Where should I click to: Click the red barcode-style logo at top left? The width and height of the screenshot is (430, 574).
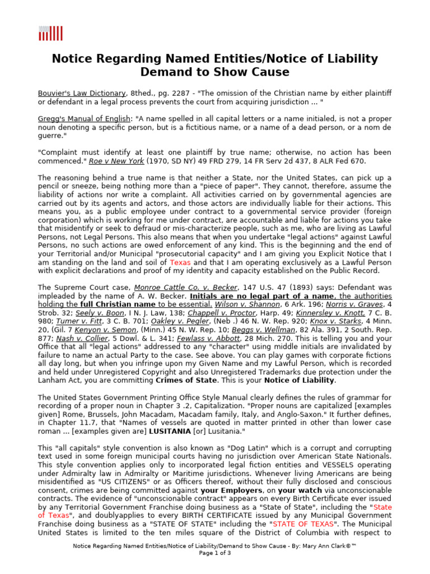click(x=50, y=34)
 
